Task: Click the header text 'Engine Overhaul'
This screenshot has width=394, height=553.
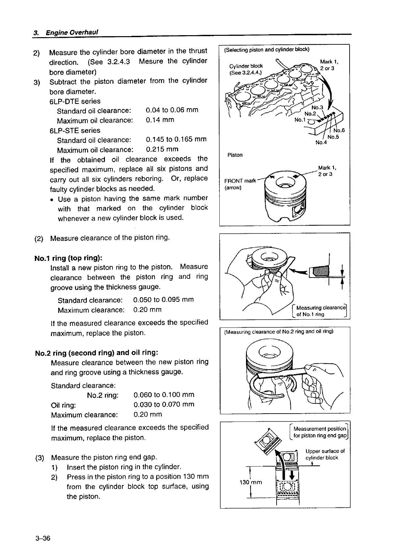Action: coord(72,33)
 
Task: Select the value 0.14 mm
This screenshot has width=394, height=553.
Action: coord(160,120)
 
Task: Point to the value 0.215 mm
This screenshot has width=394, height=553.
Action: coord(162,149)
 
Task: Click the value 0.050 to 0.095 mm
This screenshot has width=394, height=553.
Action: coord(163,300)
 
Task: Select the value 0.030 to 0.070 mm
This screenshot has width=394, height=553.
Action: coord(164,404)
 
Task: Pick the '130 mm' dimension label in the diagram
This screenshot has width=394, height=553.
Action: coord(251,482)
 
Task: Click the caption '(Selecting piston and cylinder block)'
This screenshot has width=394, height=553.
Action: coord(266,50)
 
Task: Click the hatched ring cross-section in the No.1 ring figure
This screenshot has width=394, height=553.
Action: coord(318,272)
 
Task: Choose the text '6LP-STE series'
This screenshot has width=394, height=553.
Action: coord(75,131)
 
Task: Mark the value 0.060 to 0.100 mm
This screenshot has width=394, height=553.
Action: coord(164,395)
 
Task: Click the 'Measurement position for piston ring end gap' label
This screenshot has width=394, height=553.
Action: coord(319,432)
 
